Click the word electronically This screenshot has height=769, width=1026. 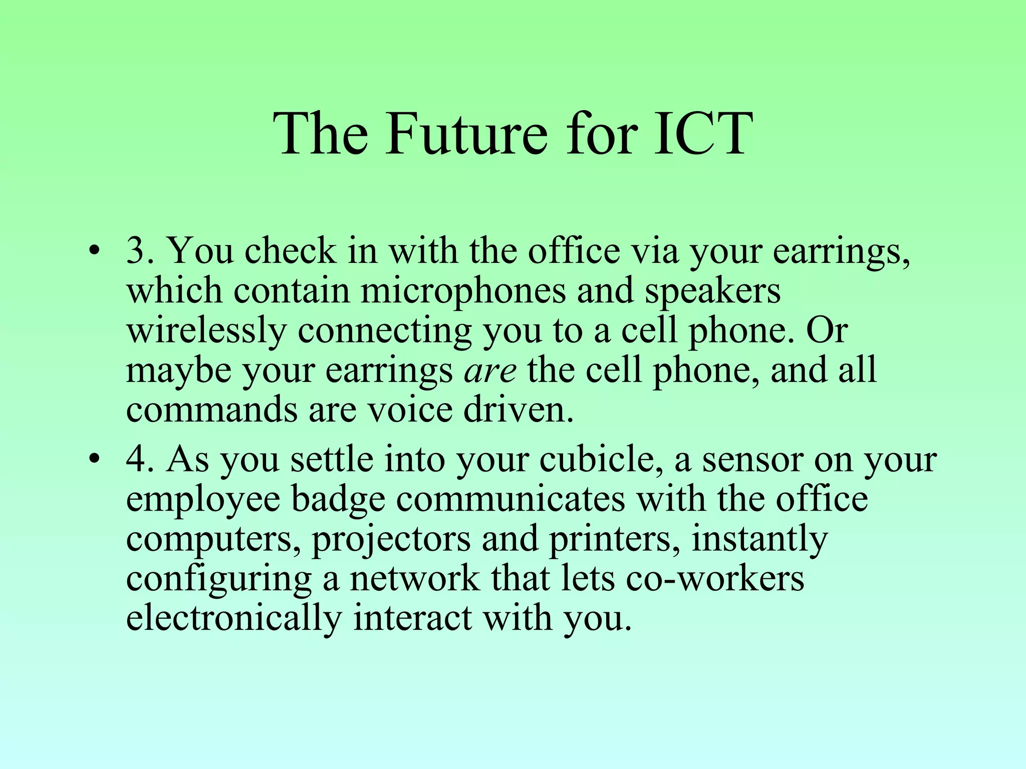pos(233,618)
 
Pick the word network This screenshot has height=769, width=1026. pos(414,578)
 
